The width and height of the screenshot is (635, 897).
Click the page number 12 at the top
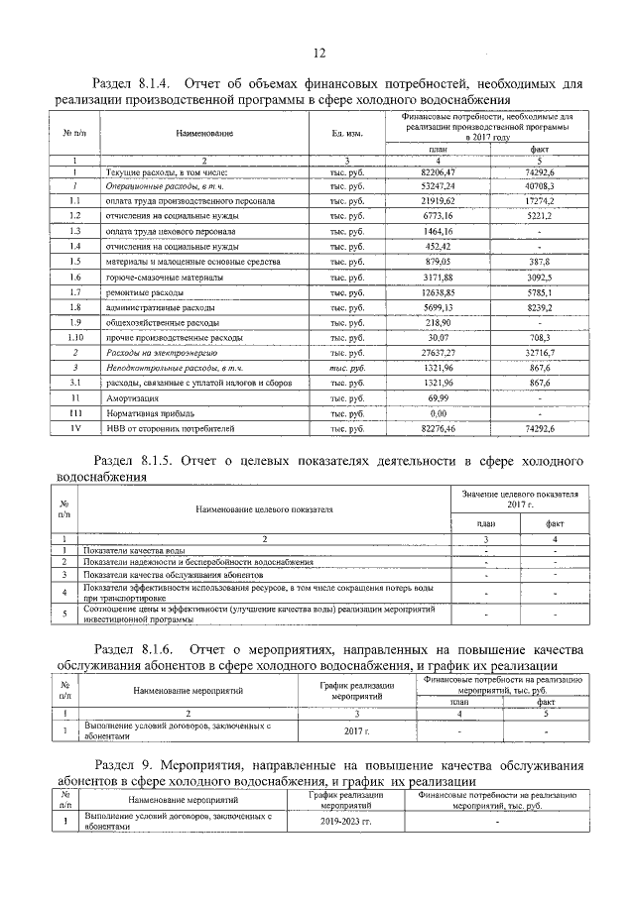[x=318, y=54]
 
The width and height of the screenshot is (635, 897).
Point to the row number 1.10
[x=75, y=338]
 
